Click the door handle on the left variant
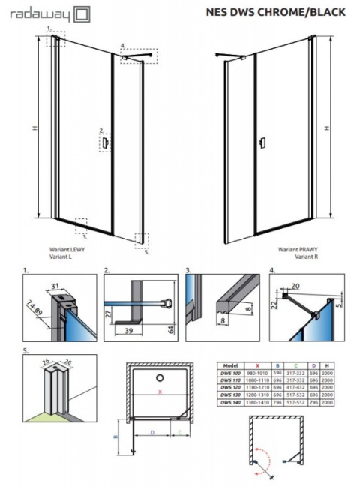pyautogui.click(x=107, y=141)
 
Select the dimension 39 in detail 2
pyautogui.click(x=130, y=331)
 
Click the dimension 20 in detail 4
pyautogui.click(x=295, y=285)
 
